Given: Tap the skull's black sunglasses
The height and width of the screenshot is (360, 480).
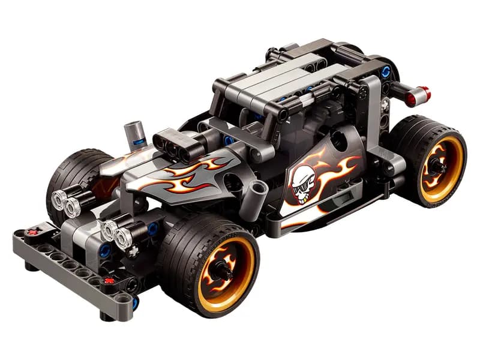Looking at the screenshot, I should (301, 187).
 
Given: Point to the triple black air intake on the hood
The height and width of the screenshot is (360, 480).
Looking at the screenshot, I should (175, 144).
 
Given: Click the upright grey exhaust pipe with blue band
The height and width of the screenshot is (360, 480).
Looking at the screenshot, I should (136, 133).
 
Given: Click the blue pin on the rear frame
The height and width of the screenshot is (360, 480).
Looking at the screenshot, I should (386, 72).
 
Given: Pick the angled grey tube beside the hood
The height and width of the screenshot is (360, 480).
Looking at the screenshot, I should (256, 193).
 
